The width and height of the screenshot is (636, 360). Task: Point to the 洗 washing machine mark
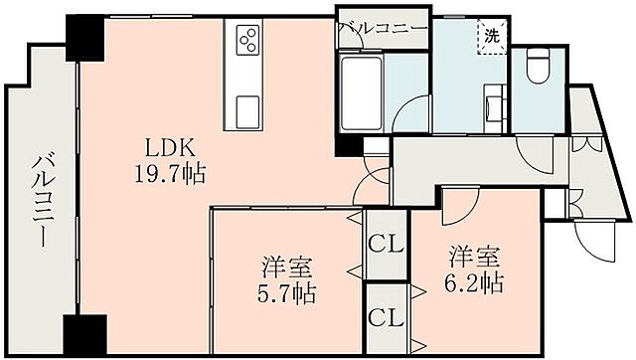point(492,36)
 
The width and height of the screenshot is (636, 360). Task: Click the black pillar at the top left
point(85,38)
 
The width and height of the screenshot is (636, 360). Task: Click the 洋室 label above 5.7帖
point(287,267)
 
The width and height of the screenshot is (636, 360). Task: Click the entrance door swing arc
point(591,242)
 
